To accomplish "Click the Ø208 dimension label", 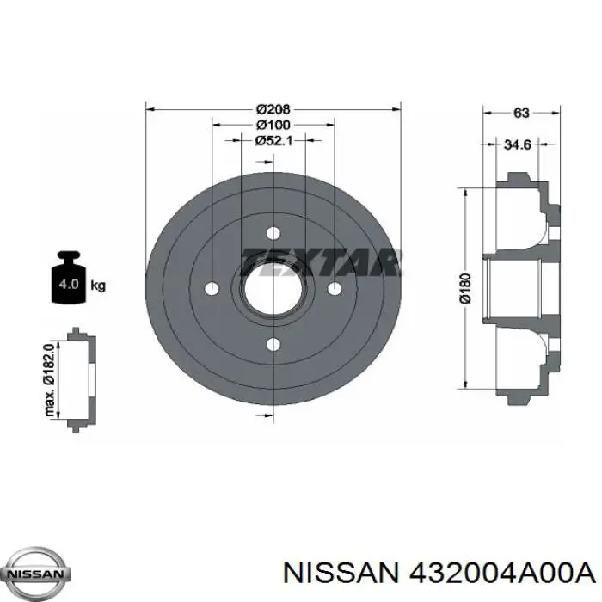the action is (x=273, y=109).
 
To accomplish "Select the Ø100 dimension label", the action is (x=273, y=125).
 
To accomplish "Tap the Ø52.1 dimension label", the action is (x=273, y=141).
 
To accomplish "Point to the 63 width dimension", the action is (x=521, y=113).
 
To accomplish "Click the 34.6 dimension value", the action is (x=517, y=144).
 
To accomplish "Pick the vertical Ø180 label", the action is (x=465, y=288).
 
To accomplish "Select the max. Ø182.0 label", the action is (x=50, y=380).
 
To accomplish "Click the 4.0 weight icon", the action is (x=69, y=277).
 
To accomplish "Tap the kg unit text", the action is (x=98, y=286).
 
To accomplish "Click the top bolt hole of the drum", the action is (x=273, y=233).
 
